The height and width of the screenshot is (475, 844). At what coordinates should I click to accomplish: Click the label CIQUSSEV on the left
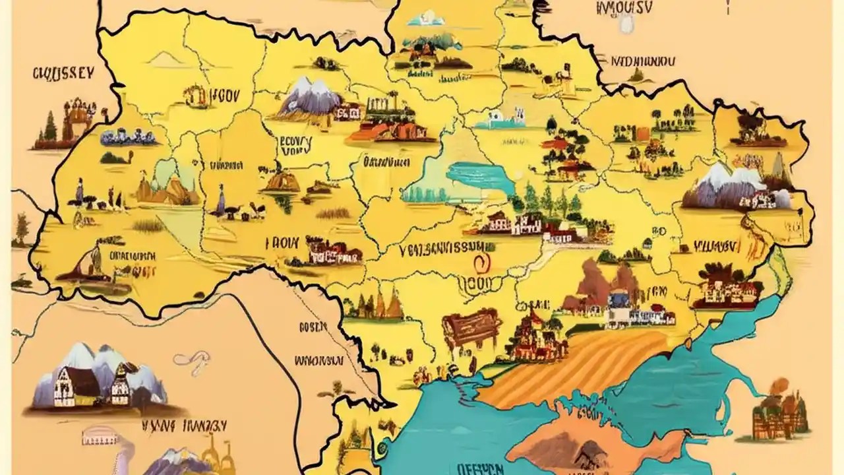(x=63, y=73)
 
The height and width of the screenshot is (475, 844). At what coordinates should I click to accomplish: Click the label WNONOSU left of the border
(x=318, y=361)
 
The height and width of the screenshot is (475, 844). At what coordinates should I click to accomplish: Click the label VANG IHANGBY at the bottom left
(x=184, y=425)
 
